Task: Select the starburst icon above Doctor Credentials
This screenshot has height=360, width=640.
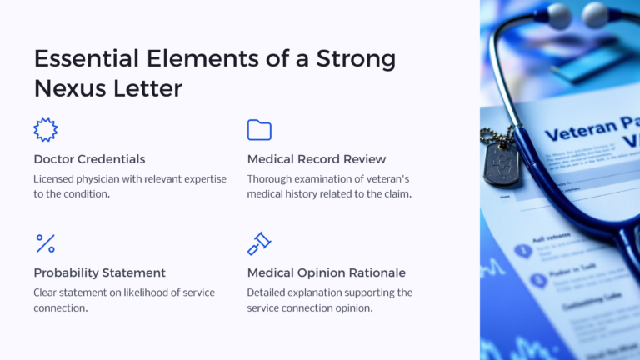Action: (x=45, y=129)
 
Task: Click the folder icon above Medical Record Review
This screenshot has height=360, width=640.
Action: (x=259, y=130)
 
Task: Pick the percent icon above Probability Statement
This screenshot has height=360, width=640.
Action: (x=45, y=243)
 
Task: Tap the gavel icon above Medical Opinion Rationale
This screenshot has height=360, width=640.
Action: (x=259, y=243)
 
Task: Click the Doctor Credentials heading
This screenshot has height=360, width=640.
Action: (x=89, y=158)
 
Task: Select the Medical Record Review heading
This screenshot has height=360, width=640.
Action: (x=317, y=158)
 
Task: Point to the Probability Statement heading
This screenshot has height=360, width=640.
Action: (x=99, y=272)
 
